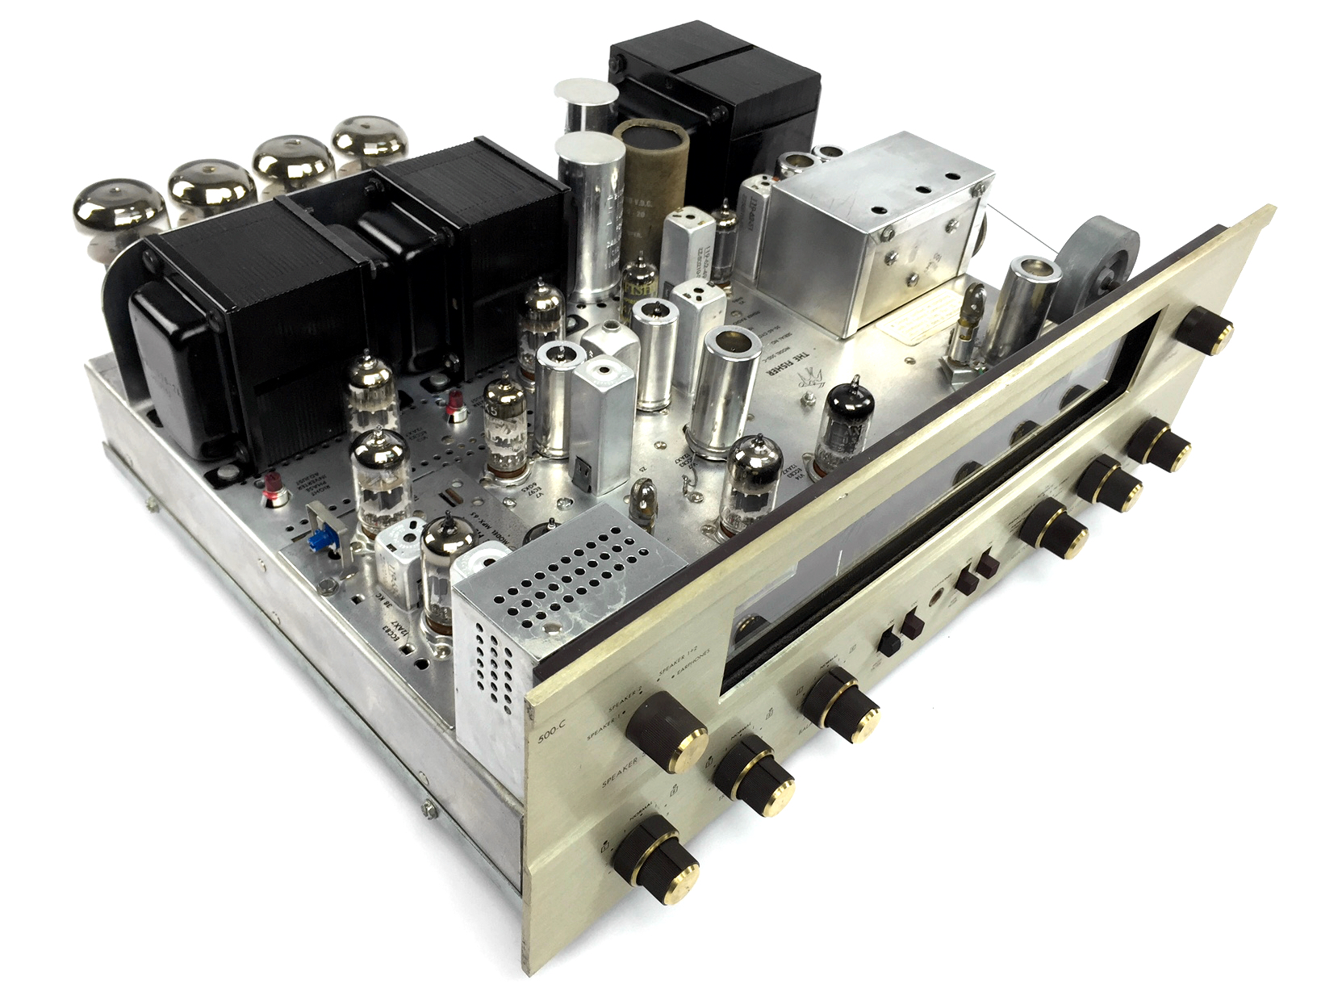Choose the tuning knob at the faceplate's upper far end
click(x=1206, y=332)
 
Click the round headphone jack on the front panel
click(x=937, y=601)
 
